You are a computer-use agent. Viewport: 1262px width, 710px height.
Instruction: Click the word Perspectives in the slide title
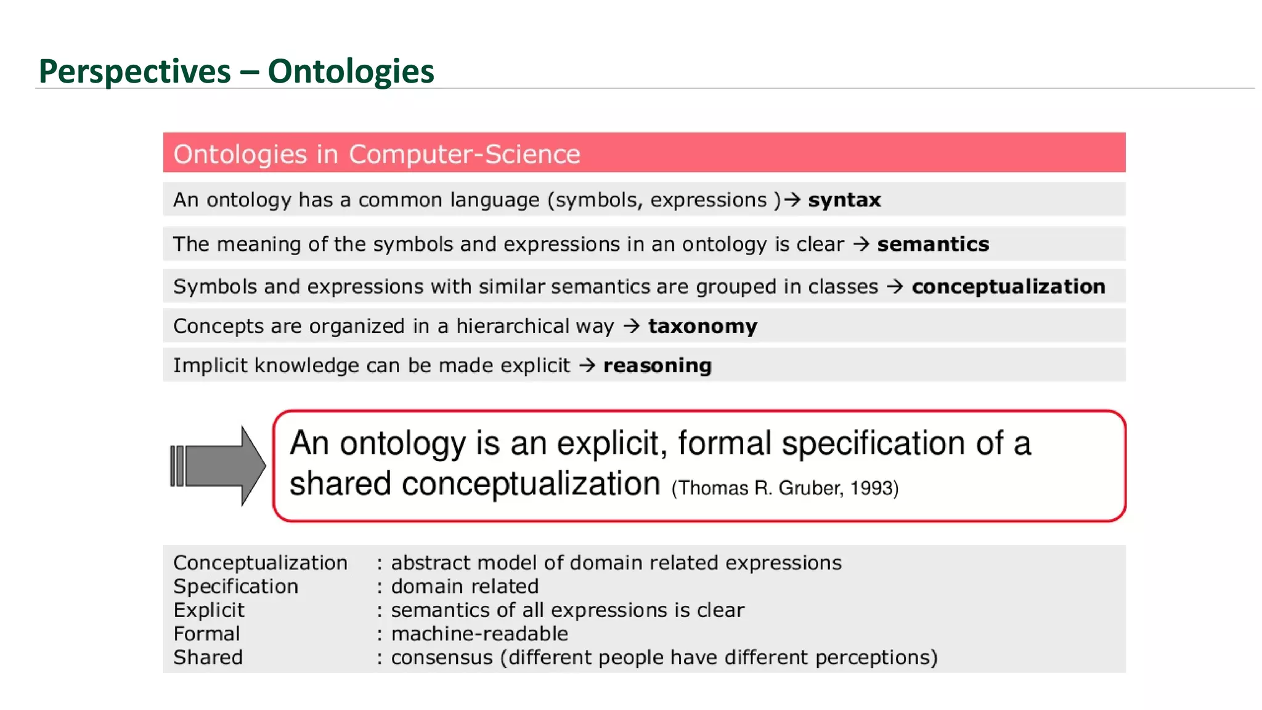point(134,71)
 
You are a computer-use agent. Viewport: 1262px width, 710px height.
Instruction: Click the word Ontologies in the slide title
point(351,71)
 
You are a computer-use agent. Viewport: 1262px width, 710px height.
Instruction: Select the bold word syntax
point(844,200)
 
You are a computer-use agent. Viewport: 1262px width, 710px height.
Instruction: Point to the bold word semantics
point(933,244)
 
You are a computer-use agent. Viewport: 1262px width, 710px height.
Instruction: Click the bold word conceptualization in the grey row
point(1008,287)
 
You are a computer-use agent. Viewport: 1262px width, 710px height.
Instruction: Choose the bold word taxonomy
point(702,326)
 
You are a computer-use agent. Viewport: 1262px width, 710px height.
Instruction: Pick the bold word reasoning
point(657,365)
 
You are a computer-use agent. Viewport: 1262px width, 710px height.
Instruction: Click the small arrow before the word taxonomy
point(632,325)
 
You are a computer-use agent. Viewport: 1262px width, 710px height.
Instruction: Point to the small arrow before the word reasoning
point(587,365)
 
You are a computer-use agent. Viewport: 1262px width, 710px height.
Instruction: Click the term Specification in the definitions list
point(235,586)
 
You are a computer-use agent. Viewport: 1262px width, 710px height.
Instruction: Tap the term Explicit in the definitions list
point(209,610)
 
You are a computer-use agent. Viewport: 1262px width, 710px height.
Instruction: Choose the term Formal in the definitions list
point(206,634)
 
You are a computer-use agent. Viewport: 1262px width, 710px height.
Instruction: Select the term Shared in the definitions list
point(208,658)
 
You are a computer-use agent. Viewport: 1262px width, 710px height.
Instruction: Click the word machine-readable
point(479,634)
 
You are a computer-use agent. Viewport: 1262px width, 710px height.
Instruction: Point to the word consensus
point(442,658)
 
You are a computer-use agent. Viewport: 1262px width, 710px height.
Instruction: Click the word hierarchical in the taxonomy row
point(512,326)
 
